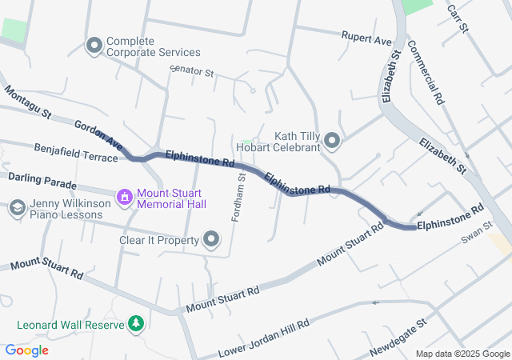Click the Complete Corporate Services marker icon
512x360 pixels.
point(94,46)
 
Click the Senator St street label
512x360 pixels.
point(193,72)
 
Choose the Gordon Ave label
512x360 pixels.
point(98,137)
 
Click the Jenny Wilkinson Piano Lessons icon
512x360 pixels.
point(16,209)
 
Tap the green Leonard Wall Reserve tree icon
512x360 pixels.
point(137,323)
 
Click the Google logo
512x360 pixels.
point(26,350)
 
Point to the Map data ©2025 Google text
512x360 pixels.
point(462,354)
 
